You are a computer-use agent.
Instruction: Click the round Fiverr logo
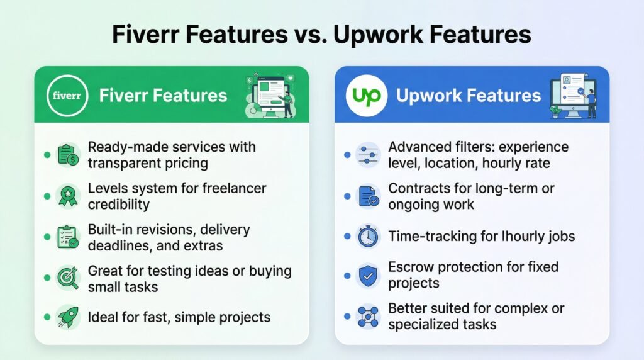click(x=67, y=96)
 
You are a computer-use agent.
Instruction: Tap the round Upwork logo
click(x=367, y=96)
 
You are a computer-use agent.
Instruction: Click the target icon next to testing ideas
click(x=67, y=276)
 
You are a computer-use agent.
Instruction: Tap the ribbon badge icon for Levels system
click(x=67, y=196)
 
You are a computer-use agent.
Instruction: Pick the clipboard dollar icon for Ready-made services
click(x=67, y=155)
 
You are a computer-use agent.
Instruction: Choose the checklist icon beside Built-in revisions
click(x=67, y=237)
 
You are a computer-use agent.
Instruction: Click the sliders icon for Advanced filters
click(x=367, y=155)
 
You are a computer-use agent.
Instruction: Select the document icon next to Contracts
click(x=367, y=196)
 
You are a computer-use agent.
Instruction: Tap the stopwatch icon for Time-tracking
click(x=367, y=237)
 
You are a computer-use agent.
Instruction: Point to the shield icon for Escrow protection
click(x=367, y=276)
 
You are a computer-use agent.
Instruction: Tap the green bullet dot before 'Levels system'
click(x=47, y=196)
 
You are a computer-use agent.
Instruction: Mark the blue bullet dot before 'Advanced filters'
click(x=347, y=155)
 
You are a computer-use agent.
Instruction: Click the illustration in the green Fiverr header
click(x=269, y=96)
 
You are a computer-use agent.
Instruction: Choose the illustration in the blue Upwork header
click(x=572, y=96)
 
